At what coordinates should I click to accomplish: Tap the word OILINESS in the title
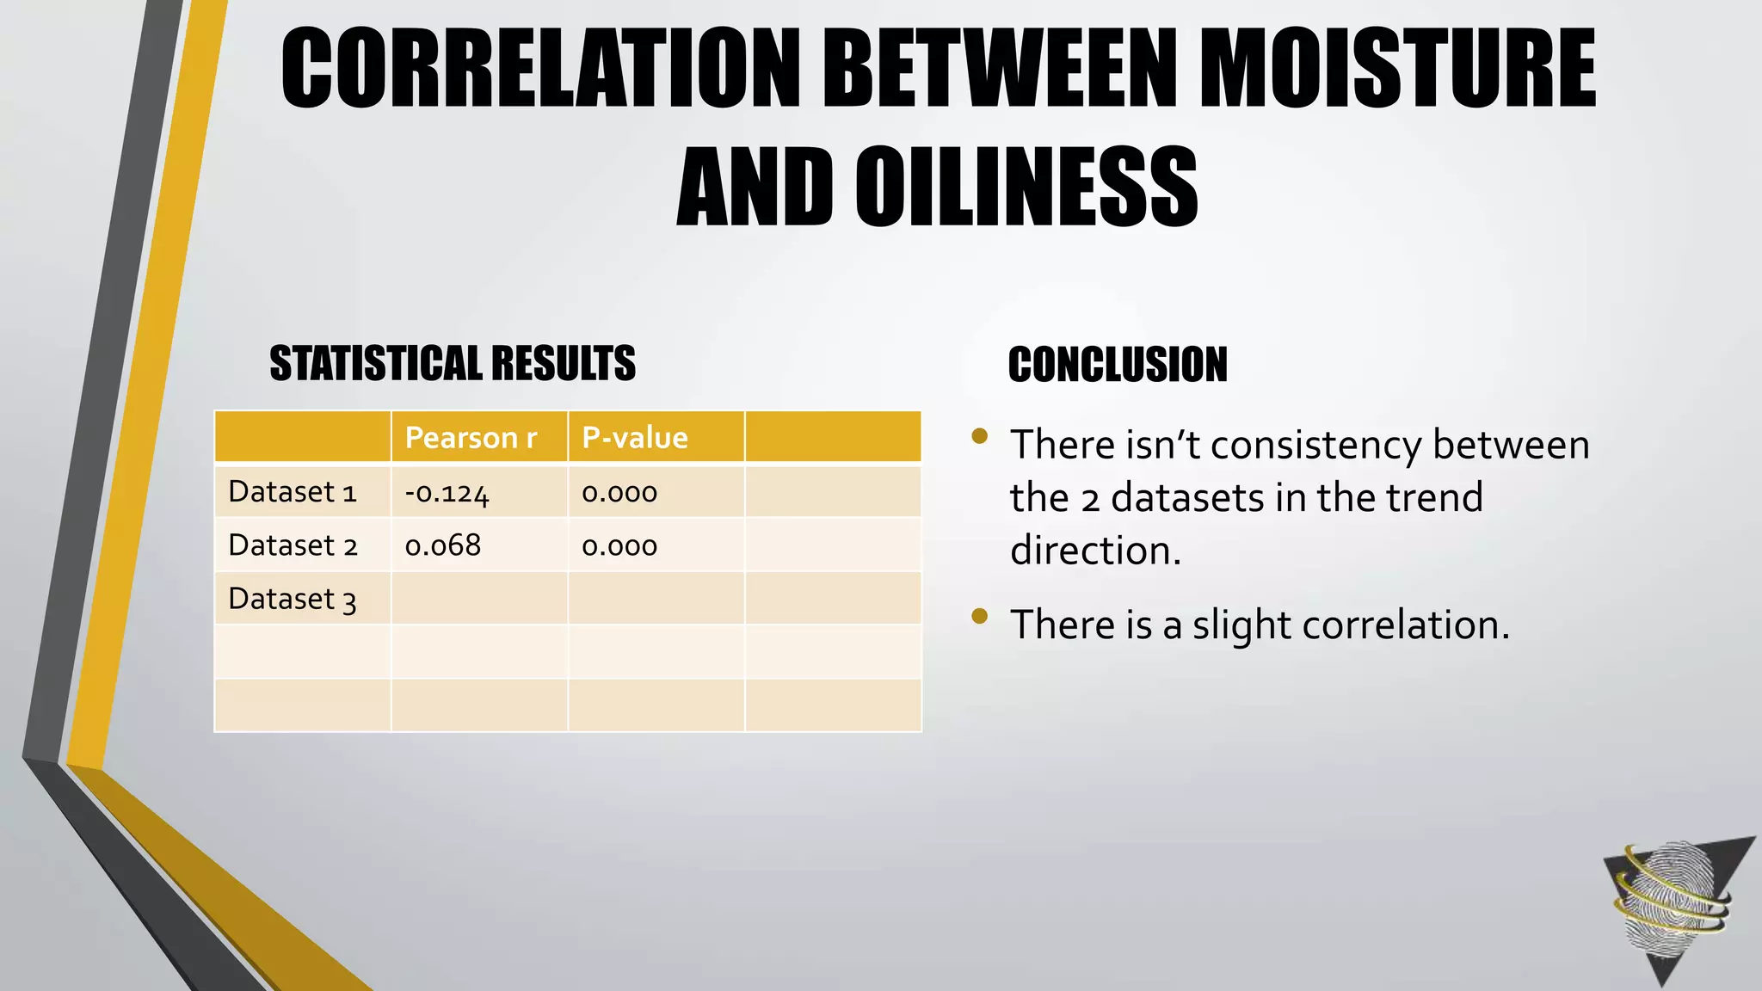click(x=1026, y=187)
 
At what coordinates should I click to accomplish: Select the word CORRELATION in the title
click(x=541, y=69)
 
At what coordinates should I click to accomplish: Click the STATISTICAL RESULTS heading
click(x=453, y=363)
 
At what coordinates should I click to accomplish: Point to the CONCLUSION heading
click(x=1118, y=365)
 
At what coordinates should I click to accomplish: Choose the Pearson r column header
click(x=471, y=438)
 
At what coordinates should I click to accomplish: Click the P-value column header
click(x=635, y=438)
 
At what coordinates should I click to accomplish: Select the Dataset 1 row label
click(x=293, y=492)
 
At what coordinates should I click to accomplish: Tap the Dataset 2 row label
click(x=293, y=545)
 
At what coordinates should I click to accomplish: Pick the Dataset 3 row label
click(x=293, y=599)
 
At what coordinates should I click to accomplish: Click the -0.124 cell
click(x=447, y=493)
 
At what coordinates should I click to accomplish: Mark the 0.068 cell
click(x=443, y=545)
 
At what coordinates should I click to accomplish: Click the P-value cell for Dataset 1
click(x=619, y=493)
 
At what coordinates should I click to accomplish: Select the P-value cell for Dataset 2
click(x=619, y=546)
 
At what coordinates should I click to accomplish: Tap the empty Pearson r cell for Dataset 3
click(x=479, y=599)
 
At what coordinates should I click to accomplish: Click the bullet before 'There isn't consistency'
click(x=979, y=436)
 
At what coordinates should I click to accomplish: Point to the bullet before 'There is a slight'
click(x=979, y=616)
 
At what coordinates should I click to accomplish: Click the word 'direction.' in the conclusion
click(x=1095, y=551)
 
